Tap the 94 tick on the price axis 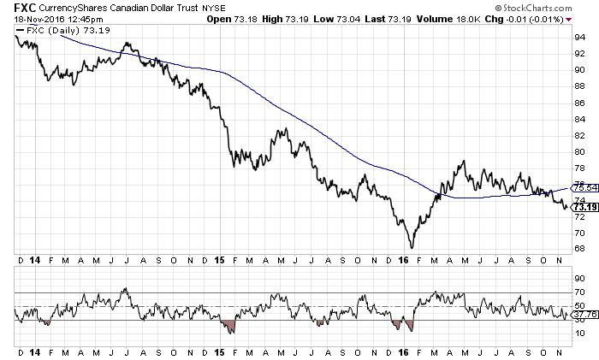point(578,38)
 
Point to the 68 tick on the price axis point(578,249)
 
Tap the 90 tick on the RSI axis point(578,279)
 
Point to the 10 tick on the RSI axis point(578,333)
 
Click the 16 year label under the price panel point(404,258)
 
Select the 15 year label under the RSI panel point(219,351)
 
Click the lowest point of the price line point(412,248)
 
